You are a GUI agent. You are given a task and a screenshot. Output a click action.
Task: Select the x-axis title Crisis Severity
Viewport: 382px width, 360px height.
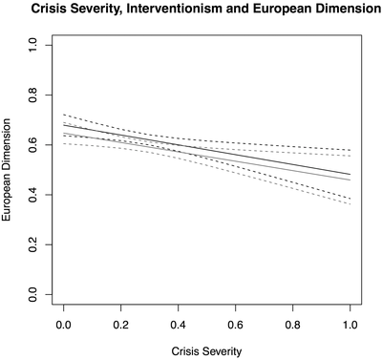click(x=206, y=350)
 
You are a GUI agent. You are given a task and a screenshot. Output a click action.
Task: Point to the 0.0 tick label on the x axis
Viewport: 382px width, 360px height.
click(x=64, y=324)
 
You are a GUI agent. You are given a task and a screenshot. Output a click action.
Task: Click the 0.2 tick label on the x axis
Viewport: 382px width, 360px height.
click(x=121, y=324)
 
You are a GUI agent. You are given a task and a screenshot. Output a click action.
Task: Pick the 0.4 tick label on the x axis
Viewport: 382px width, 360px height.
click(x=179, y=324)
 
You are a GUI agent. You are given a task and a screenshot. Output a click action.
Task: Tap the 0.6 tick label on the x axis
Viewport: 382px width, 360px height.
click(x=235, y=324)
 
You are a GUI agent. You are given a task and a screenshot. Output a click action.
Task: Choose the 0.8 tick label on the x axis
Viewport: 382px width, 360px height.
click(x=292, y=324)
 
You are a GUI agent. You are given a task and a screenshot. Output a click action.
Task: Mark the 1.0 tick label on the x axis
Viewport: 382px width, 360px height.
click(x=350, y=324)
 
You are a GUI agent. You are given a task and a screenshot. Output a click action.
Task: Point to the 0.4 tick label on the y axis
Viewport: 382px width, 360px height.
click(x=36, y=195)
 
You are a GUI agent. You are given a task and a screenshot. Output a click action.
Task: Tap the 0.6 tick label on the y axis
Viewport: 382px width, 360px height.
click(x=36, y=144)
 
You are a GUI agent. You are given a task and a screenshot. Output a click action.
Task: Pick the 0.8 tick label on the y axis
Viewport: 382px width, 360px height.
click(x=36, y=94)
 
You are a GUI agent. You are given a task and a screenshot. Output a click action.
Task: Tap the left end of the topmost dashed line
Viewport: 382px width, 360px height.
click(x=64, y=114)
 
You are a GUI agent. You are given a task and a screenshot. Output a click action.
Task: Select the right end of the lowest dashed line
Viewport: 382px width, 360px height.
click(x=350, y=203)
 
